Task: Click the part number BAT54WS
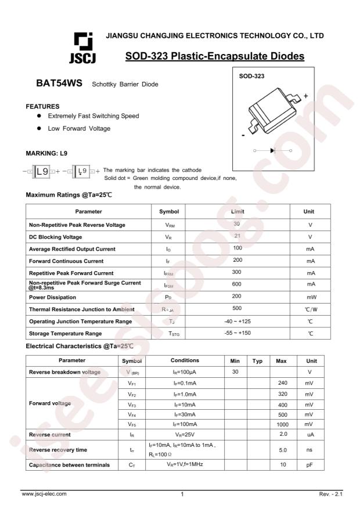(x=57, y=84)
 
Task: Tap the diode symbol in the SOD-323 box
(x=273, y=150)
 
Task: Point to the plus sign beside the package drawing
(x=305, y=95)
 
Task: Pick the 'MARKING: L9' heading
(x=48, y=154)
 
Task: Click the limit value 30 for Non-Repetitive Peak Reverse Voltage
(x=237, y=225)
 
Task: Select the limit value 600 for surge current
(x=237, y=284)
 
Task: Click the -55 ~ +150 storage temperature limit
(x=237, y=333)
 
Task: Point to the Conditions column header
(x=184, y=360)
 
